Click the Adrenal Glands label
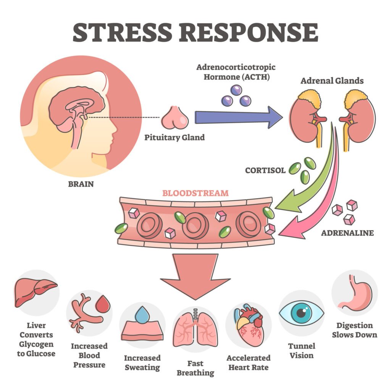pyautogui.click(x=332, y=81)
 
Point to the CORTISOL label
pyautogui.click(x=265, y=170)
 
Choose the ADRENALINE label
pyautogui.click(x=347, y=233)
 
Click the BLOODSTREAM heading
pyautogui.click(x=195, y=193)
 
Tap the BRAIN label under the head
pyautogui.click(x=81, y=184)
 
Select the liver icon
pyautogui.click(x=35, y=291)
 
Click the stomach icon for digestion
pyautogui.click(x=354, y=292)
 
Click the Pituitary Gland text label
pyautogui.click(x=174, y=137)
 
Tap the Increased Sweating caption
pyautogui.click(x=142, y=363)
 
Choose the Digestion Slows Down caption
pyautogui.click(x=354, y=330)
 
